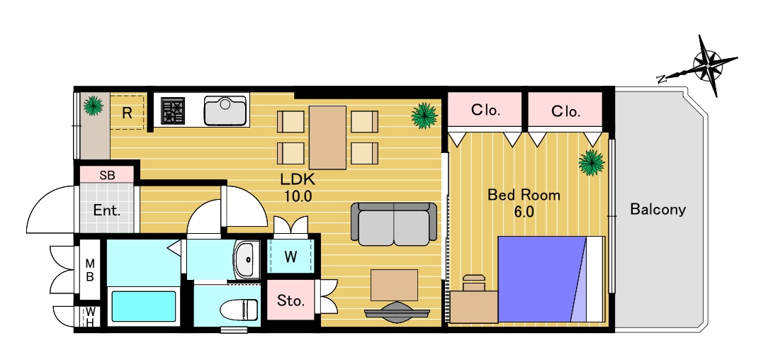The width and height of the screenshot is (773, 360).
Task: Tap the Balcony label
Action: (x=658, y=210)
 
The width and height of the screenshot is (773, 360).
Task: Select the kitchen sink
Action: (x=225, y=111)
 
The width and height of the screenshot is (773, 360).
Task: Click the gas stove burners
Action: (x=173, y=111)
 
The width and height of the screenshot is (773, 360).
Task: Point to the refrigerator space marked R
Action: (x=128, y=113)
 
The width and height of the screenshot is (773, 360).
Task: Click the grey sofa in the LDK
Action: (x=394, y=224)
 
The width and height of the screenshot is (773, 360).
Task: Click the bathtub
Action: (x=143, y=307)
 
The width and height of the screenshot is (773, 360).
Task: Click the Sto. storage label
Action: (x=290, y=300)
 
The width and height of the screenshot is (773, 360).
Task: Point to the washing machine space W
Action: (x=290, y=257)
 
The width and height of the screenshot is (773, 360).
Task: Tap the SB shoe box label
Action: (x=107, y=175)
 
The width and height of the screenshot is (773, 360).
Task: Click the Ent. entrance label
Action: (x=107, y=211)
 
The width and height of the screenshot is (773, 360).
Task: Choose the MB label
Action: (x=90, y=269)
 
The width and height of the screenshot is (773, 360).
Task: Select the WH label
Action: (x=90, y=317)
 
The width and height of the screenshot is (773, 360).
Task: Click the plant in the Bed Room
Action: (x=592, y=162)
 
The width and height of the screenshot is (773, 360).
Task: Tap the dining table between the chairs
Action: (x=328, y=137)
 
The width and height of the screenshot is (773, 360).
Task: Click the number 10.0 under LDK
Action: (x=298, y=196)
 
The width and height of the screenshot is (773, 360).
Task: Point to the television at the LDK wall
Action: (x=397, y=312)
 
